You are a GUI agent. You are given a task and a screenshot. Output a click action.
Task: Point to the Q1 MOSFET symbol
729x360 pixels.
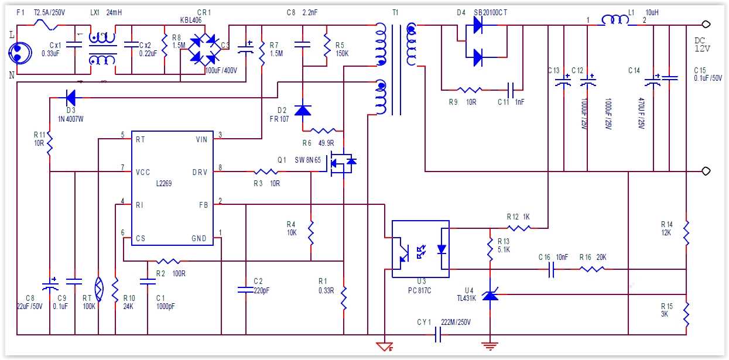pos(341,164)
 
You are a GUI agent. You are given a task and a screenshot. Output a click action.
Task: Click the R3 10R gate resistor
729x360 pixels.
pos(266,172)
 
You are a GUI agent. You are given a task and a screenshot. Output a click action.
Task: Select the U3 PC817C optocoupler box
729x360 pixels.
pos(420,249)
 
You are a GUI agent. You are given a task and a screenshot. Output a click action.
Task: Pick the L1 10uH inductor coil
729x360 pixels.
pos(615,21)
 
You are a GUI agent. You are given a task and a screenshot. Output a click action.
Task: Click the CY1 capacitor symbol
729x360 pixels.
pos(437,335)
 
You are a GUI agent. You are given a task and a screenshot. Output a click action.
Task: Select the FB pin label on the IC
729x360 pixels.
pos(203,205)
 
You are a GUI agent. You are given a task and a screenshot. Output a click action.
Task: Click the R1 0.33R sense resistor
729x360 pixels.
pos(344,298)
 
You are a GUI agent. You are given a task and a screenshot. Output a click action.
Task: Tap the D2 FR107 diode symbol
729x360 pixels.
pos(302,109)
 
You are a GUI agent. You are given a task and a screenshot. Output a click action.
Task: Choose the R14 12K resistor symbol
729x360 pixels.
pos(686,233)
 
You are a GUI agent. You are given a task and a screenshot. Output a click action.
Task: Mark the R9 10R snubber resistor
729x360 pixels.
pos(470,90)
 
